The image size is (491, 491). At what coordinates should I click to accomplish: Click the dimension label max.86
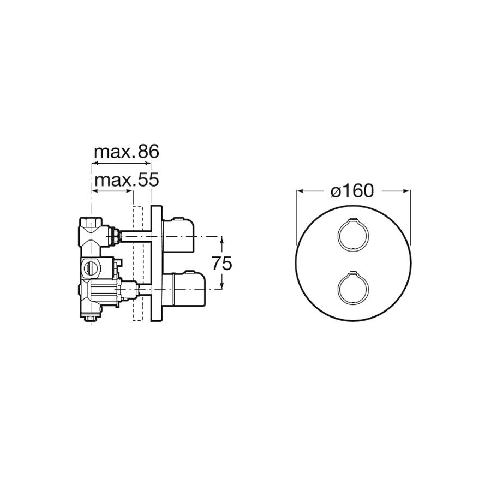tap(127, 152)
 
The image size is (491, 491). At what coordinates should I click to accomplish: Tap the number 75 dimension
tap(222, 264)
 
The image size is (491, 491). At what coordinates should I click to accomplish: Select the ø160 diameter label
tap(352, 191)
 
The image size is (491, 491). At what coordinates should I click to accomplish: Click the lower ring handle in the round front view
tap(338, 288)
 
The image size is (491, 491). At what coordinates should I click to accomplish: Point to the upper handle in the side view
tap(178, 231)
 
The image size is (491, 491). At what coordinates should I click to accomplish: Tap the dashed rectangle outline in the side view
tap(134, 263)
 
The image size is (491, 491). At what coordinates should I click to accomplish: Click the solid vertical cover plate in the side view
tap(156, 263)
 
